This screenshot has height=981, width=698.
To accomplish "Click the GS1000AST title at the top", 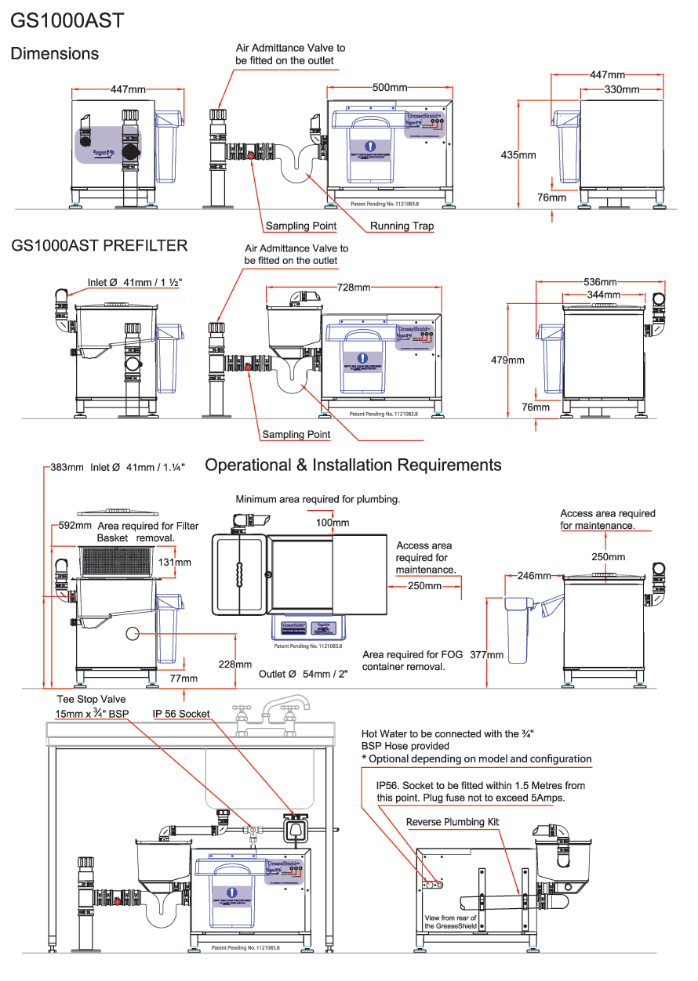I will coord(67,20).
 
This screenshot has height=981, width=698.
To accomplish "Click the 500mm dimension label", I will coord(389,88).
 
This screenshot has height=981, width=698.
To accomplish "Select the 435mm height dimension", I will coord(518,155).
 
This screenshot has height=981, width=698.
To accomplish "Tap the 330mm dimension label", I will coord(622,90).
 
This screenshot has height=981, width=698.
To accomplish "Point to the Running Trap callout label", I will coord(402,226).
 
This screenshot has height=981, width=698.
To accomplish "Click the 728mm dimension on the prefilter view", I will coord(353,288).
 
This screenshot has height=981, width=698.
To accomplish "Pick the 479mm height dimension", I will coord(507,360).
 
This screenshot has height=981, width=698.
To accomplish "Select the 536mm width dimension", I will coord(600,282).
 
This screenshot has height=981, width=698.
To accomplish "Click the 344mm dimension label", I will coord(605,295).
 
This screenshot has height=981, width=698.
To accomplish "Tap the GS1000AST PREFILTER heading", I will coord(100,245).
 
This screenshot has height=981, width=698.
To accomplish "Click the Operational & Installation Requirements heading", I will coord(353,465).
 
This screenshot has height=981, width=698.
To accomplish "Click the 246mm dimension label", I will coord(534,576).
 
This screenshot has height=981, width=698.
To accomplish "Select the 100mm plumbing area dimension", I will coord(333,523).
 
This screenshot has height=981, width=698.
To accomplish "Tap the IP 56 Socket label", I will coord(181,714).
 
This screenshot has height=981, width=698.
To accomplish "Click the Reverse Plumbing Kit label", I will coord(453,822).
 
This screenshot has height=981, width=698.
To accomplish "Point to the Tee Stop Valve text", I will coord(91,699).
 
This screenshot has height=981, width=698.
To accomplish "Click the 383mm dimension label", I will coord(67,467).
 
